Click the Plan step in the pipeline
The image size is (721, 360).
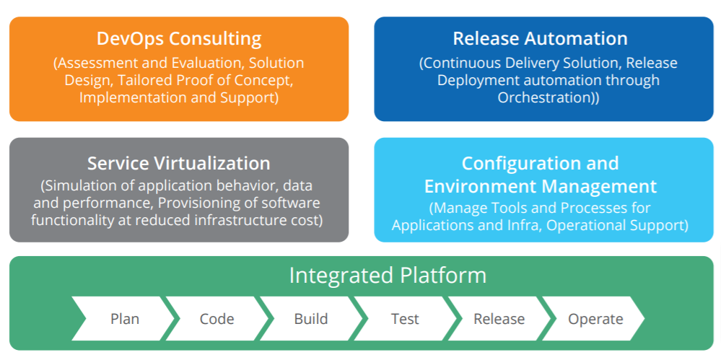[x=125, y=318]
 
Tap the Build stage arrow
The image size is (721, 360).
[x=311, y=318]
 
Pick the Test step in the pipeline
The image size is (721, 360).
[x=405, y=318]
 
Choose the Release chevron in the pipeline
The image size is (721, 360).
[x=499, y=318]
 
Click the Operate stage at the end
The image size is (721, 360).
[x=595, y=318]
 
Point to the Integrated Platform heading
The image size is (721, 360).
[x=388, y=276]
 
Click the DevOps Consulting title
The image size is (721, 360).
[x=179, y=38]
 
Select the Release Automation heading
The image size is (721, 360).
[x=540, y=38]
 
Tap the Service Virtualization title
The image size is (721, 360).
[x=179, y=163]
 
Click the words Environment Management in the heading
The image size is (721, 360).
[x=540, y=187]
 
